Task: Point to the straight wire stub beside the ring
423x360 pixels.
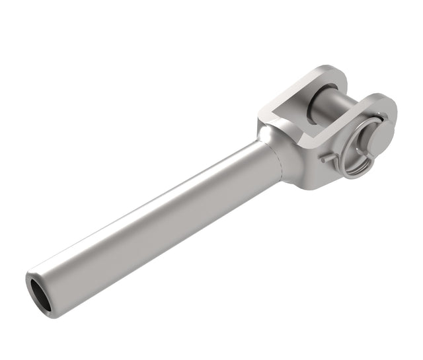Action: click(328, 159)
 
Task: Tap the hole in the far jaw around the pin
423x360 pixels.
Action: click(311, 92)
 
